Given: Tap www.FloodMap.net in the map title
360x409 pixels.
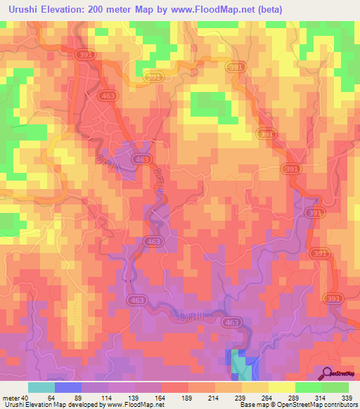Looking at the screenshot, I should pos(215,9).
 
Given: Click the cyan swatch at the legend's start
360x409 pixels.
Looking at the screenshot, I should pos(41,387).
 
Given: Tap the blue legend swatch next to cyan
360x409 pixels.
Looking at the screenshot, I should pos(68,387).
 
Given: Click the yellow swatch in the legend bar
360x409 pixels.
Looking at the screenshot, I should pos(282,387).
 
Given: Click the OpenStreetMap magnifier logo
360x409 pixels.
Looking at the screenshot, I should pos(328,373).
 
